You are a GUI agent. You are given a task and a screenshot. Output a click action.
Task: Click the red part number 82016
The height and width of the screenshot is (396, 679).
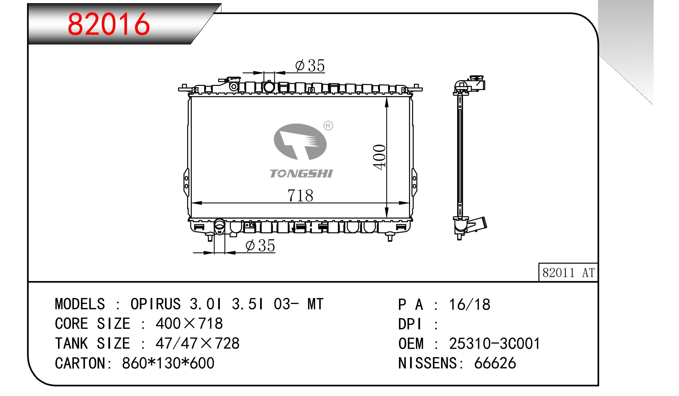(109, 24)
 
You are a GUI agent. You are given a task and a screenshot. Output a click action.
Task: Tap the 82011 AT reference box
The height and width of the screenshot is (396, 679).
(568, 272)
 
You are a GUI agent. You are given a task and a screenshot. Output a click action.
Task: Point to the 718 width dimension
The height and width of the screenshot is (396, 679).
(300, 195)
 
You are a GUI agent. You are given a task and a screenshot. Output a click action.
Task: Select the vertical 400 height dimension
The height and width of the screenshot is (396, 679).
(380, 157)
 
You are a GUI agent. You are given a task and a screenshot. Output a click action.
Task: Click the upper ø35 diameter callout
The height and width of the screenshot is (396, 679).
(310, 66)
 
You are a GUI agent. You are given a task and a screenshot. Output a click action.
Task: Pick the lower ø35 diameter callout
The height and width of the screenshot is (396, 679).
(260, 245)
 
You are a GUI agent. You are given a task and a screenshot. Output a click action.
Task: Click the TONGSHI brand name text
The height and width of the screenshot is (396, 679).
(301, 173)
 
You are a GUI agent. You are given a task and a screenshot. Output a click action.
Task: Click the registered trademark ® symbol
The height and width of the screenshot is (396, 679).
(328, 126)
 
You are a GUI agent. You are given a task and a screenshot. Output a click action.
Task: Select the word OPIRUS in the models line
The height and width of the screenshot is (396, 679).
(155, 304)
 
